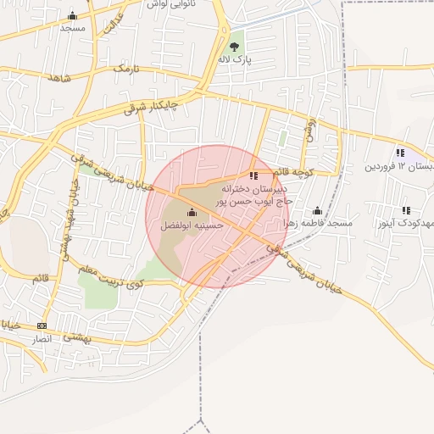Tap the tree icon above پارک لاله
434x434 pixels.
[x=235, y=46]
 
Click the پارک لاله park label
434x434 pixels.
[x=235, y=60]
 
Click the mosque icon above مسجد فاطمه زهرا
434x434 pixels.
[x=318, y=210]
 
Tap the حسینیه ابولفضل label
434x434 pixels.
[x=192, y=225]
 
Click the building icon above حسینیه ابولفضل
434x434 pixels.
[x=192, y=212]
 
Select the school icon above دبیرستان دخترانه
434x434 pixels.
[x=253, y=175]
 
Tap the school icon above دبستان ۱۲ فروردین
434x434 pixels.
[x=399, y=153]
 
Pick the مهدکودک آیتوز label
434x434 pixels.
[x=406, y=223]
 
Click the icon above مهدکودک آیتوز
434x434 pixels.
[x=406, y=210]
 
